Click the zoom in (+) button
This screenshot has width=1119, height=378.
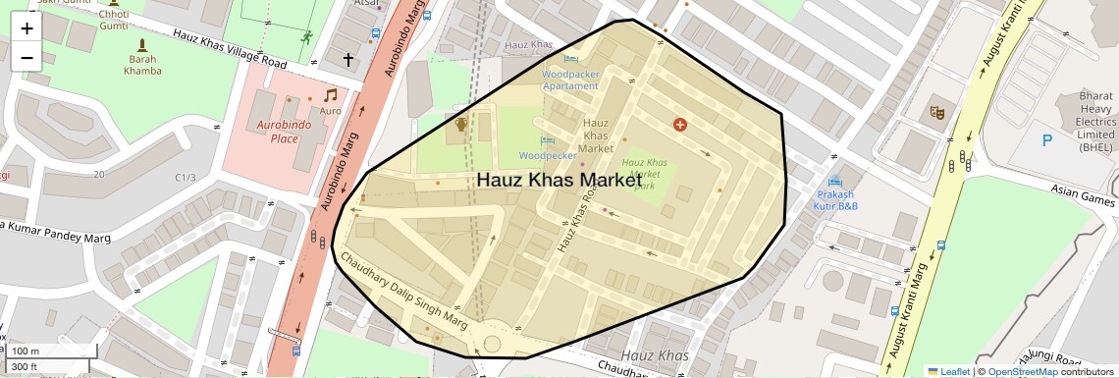pos(27,28)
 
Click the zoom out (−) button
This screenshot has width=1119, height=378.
pos(27,58)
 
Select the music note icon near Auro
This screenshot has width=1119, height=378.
pos(331,95)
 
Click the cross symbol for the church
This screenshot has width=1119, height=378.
pos(347,60)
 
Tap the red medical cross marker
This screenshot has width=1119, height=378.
pos(679,125)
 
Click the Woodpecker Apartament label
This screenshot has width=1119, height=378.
pos(570,79)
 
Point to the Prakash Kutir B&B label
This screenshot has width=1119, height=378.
pos(837,200)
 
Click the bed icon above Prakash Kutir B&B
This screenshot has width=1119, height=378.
pos(835,182)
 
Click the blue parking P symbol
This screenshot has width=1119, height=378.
pos(1046,140)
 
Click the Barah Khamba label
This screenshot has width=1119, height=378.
pos(142,64)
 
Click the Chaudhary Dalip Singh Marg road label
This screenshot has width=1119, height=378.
pos(402,291)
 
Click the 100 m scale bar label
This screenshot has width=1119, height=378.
pos(26,351)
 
